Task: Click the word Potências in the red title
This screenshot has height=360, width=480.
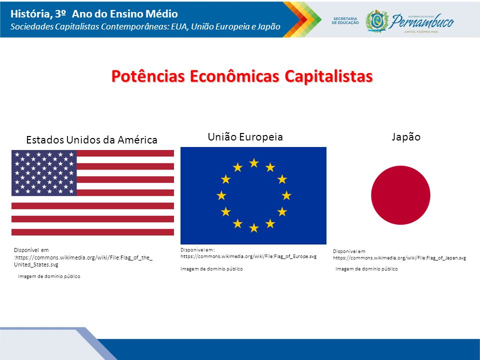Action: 148,76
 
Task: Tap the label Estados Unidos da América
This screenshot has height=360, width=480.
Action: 92,140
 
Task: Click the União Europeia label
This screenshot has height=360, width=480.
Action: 245,137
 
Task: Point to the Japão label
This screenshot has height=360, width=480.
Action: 406,137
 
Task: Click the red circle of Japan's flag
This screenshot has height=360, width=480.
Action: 400,195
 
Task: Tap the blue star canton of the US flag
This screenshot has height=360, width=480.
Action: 44,173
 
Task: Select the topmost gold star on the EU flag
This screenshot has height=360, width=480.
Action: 254,163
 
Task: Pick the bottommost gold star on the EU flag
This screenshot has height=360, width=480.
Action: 254,228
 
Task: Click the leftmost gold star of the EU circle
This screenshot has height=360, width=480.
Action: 221,195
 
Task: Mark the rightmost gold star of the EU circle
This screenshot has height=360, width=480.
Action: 286,195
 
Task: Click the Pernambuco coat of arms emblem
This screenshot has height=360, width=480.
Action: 377,21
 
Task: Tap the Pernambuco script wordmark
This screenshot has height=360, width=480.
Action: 421,21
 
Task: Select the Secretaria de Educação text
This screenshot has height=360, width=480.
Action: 345,20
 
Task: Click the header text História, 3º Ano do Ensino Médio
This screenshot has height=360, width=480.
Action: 94,14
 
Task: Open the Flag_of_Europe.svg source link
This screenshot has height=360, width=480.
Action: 248,256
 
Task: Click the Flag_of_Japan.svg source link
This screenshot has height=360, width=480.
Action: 399,258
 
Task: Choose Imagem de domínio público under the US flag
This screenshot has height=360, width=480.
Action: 49,276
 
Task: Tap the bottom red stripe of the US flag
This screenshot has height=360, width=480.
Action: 93,232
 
